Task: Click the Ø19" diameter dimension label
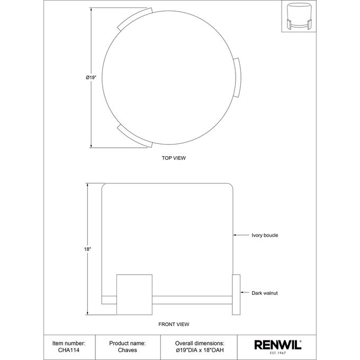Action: point(91,78)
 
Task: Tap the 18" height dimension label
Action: point(87,249)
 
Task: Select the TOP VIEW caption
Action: point(174,158)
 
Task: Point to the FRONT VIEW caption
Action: point(174,324)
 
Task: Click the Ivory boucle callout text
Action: point(265,235)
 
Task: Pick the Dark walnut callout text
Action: point(265,293)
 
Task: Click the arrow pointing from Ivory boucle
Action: point(241,235)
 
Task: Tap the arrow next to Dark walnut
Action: point(245,292)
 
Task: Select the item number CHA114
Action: point(69,350)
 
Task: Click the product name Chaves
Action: point(128,350)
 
